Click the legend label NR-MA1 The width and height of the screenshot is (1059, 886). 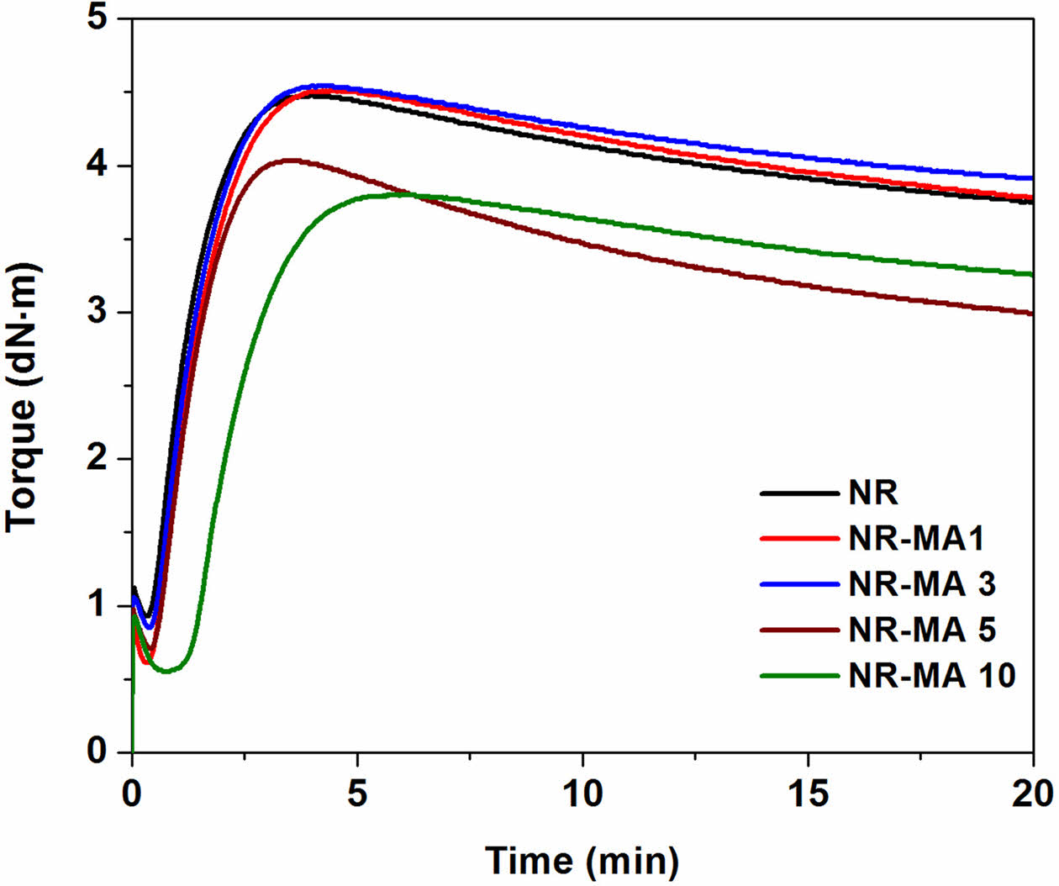pyautogui.click(x=916, y=538)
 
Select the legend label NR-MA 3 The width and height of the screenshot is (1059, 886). pyautogui.click(x=922, y=583)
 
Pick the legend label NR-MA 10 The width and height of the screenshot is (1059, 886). pyautogui.click(x=932, y=675)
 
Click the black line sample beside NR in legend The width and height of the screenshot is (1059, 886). pyautogui.click(x=799, y=493)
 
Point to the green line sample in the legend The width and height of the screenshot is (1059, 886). pyautogui.click(x=799, y=675)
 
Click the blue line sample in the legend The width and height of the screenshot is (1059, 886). pyautogui.click(x=799, y=583)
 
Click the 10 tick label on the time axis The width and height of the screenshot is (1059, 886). pyautogui.click(x=582, y=794)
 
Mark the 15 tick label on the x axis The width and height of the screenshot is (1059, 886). pyautogui.click(x=808, y=794)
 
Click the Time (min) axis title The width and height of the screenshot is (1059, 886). pyautogui.click(x=582, y=860)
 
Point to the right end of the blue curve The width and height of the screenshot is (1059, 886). pyautogui.click(x=1031, y=178)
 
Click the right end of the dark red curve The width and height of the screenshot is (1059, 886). pyautogui.click(x=1031, y=314)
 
